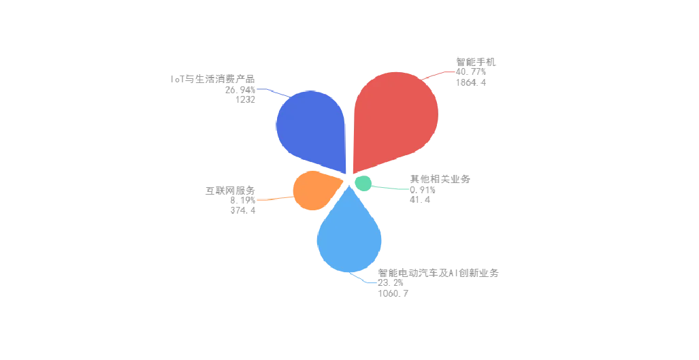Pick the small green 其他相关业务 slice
(363, 183)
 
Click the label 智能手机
(476, 62)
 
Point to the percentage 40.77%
(471, 72)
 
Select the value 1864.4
(471, 82)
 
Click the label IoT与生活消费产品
(212, 80)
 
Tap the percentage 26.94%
(240, 90)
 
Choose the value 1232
(246, 100)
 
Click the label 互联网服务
(231, 191)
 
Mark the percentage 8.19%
(243, 201)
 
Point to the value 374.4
(243, 210)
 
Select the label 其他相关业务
(440, 179)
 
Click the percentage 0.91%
(423, 190)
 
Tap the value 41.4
(420, 199)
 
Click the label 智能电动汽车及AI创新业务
(438, 273)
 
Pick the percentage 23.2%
(391, 283)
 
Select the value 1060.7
(393, 293)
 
